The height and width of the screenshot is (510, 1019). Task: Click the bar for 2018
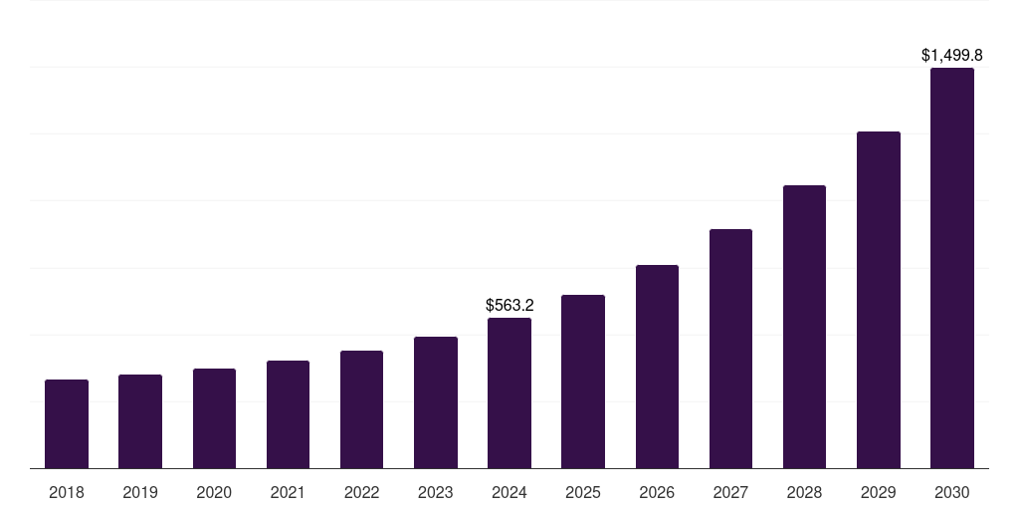point(67,423)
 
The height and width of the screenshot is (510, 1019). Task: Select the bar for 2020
point(214,418)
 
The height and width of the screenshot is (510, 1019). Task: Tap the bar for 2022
point(361,409)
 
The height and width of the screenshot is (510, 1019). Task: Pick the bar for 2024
point(509,392)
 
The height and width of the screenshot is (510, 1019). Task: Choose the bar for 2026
point(657,367)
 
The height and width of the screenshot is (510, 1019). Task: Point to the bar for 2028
point(804,327)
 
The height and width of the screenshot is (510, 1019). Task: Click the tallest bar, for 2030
point(952,268)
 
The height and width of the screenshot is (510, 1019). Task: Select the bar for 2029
point(879,300)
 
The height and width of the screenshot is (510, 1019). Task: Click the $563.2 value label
point(509,305)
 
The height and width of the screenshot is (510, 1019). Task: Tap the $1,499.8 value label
point(952,56)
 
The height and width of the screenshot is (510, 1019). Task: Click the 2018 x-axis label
point(67,492)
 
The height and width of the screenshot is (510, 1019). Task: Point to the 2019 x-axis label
point(140,492)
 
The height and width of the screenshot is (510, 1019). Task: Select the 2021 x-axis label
point(288,492)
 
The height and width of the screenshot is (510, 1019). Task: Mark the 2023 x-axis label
point(436,492)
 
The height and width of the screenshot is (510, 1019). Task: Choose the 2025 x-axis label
point(583,492)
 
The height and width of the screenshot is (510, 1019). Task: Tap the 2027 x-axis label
point(730,492)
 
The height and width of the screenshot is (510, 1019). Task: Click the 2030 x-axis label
point(952,492)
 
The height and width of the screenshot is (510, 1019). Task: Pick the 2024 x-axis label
point(509,492)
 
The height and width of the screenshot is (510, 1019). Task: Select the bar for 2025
point(583,382)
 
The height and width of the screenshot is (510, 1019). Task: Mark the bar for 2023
point(436,402)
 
